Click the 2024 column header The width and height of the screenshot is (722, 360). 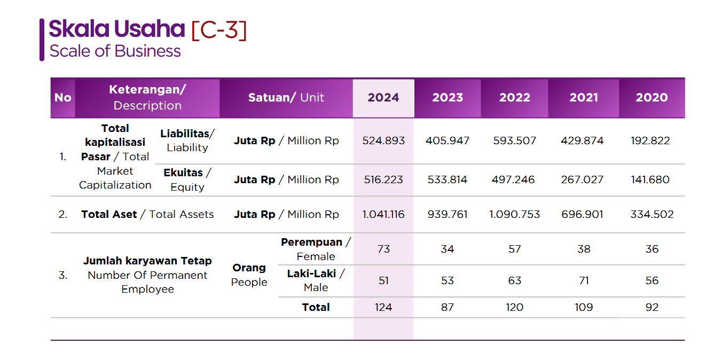(x=383, y=98)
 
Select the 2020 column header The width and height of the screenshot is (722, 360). (x=652, y=98)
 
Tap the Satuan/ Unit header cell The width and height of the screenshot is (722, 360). (x=286, y=98)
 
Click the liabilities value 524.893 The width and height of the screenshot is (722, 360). (x=383, y=141)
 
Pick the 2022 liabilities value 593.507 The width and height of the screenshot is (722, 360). (x=514, y=141)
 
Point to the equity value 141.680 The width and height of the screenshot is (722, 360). (x=650, y=180)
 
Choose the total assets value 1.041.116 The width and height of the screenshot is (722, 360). (x=383, y=215)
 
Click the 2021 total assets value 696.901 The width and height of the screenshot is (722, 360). (x=583, y=215)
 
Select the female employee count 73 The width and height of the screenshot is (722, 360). (x=383, y=249)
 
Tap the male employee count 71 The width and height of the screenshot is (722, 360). (x=584, y=281)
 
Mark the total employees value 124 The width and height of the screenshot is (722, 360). (x=383, y=308)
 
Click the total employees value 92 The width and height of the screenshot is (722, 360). (x=652, y=308)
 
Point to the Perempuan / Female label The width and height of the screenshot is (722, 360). (x=316, y=249)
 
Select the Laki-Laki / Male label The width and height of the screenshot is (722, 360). (x=316, y=280)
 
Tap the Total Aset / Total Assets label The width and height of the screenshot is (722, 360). (x=147, y=215)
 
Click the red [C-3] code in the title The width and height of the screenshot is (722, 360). (x=219, y=30)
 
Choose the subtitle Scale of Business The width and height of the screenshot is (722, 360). (x=115, y=51)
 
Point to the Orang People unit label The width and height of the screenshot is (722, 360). (x=249, y=275)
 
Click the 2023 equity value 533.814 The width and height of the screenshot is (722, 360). (x=448, y=180)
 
